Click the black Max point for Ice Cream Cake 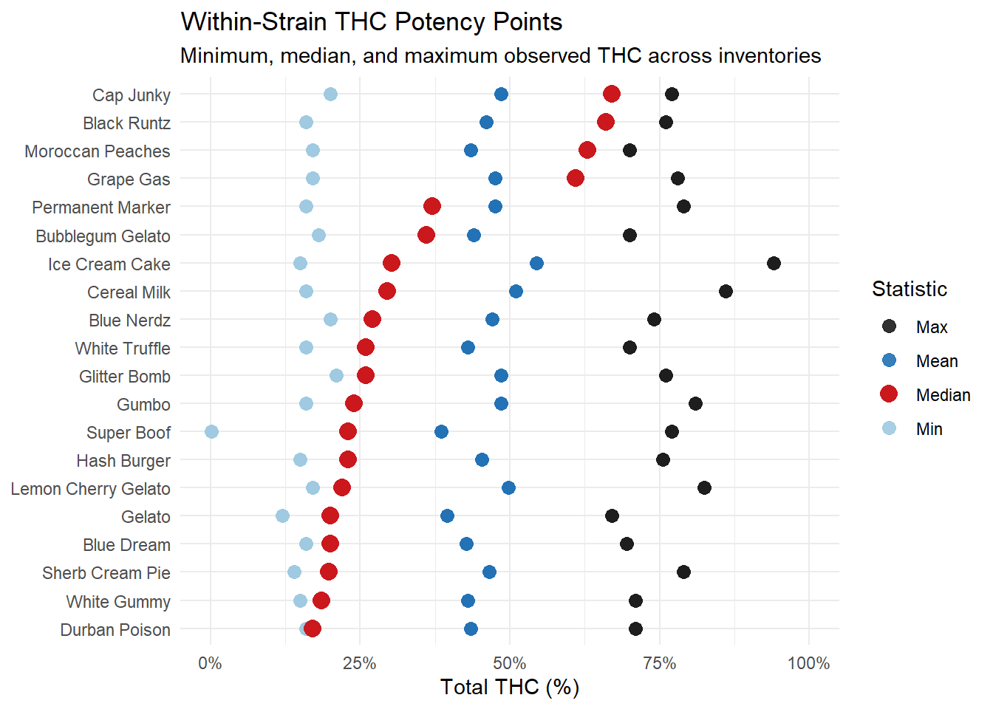774,264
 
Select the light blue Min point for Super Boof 211,431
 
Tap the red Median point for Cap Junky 611,94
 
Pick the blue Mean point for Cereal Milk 516,292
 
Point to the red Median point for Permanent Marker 432,206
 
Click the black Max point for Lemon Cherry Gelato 704,487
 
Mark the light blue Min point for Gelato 282,516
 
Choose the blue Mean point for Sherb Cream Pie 489,572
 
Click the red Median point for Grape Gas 576,178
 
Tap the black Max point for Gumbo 695,403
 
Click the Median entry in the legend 943,395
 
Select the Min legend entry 929,429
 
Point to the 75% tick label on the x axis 659,663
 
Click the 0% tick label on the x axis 210,663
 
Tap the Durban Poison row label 115,630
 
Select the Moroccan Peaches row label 98,151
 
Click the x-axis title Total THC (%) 510,687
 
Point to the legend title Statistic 909,289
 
